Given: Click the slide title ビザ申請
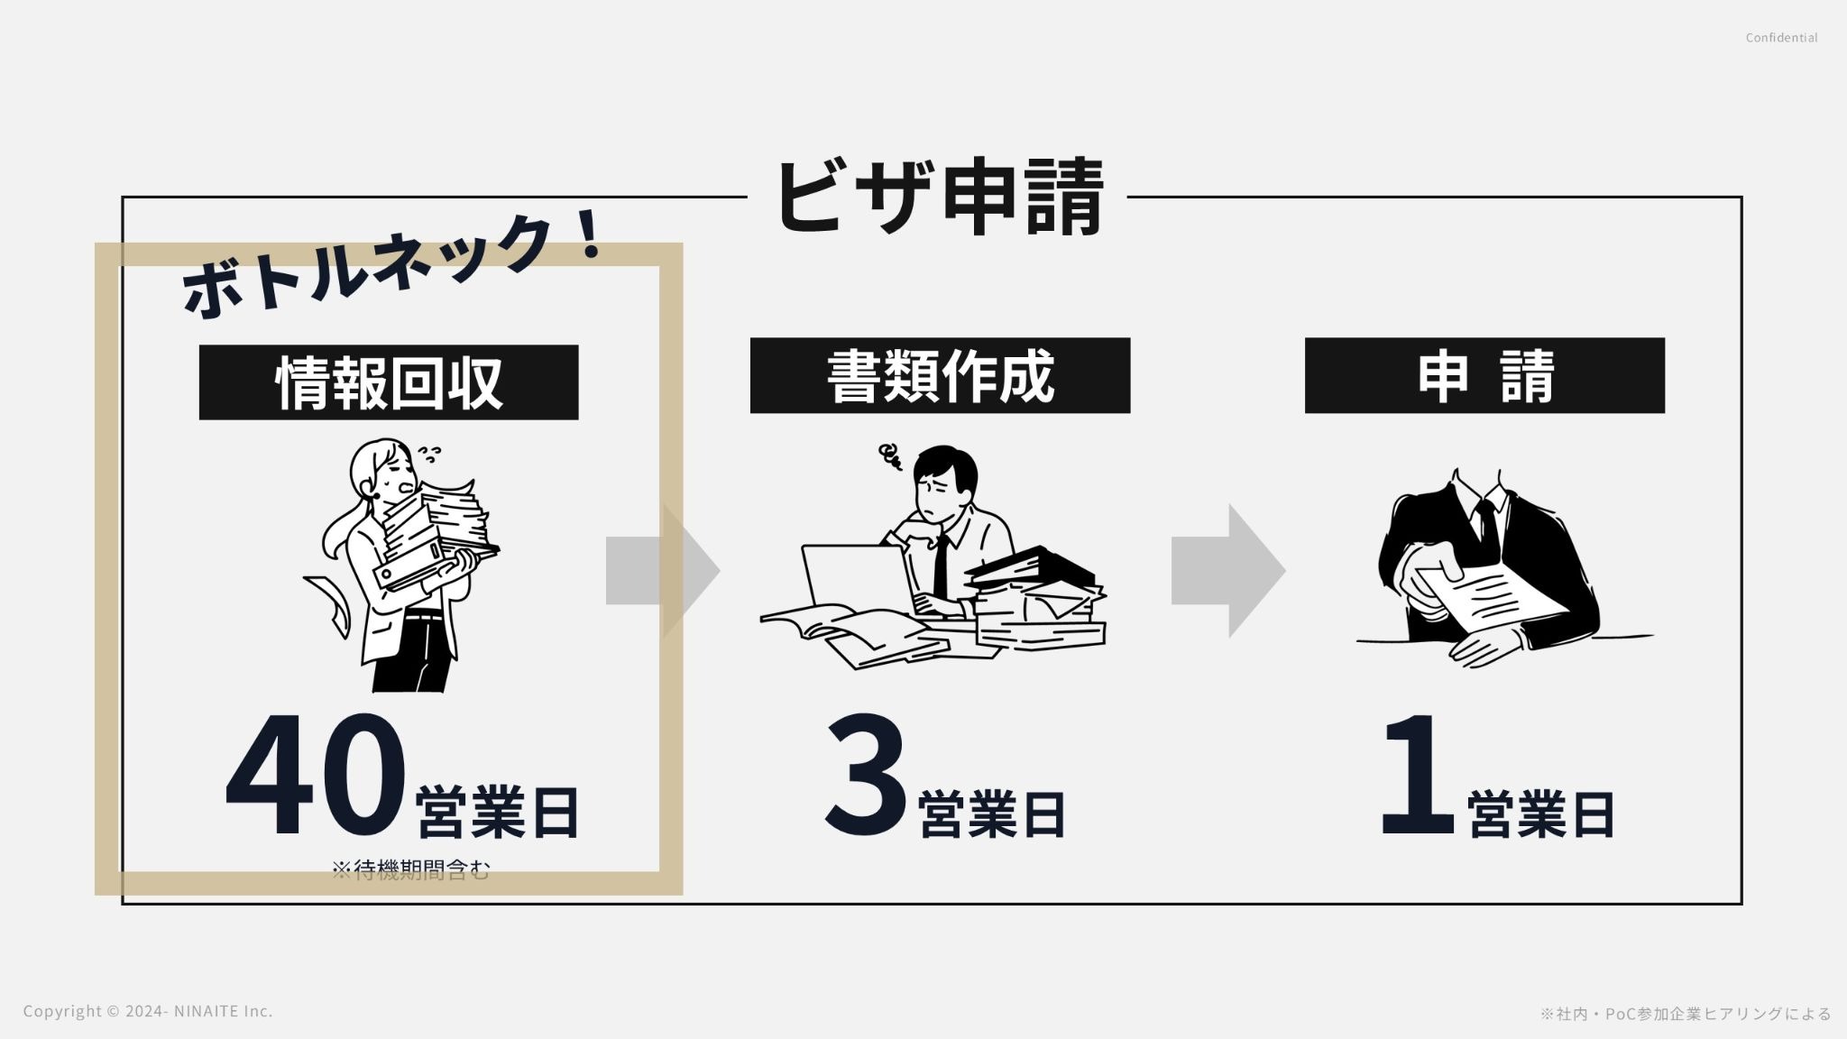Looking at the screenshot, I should point(938,197).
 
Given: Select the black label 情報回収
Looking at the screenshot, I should point(389,382).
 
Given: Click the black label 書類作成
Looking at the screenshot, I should point(940,376).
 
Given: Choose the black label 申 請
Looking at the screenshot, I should point(1484,376).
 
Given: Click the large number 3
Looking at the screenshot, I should point(866,776).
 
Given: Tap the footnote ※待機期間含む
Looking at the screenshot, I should point(410,870).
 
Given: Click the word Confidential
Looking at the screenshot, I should point(1781,38).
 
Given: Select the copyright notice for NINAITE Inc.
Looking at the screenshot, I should point(148,1011).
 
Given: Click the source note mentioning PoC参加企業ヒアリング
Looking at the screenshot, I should point(1686,1014).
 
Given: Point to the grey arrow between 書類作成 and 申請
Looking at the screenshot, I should point(1227,570).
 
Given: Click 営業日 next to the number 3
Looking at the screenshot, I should point(992,814).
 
